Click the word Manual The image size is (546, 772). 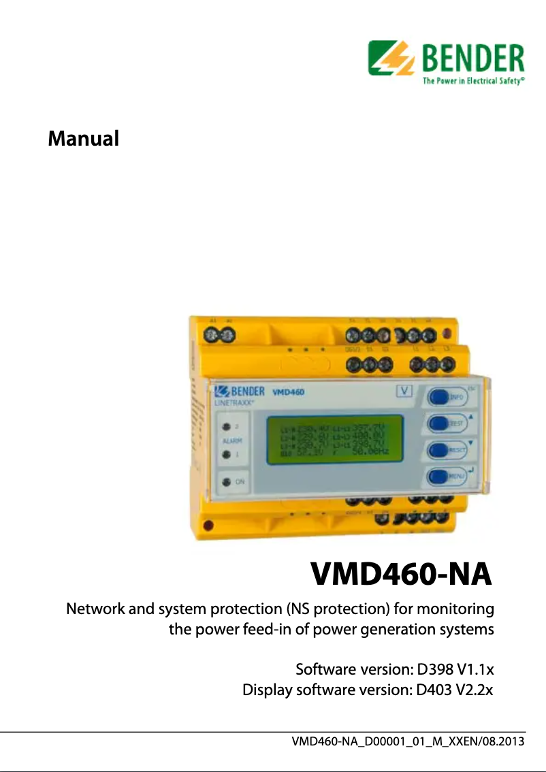point(83,139)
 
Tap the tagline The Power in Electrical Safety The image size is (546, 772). point(473,80)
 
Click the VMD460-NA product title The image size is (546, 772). point(401,574)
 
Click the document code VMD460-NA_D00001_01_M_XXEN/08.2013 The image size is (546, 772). point(408,741)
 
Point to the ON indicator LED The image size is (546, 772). point(225,482)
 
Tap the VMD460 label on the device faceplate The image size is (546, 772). point(288,392)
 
